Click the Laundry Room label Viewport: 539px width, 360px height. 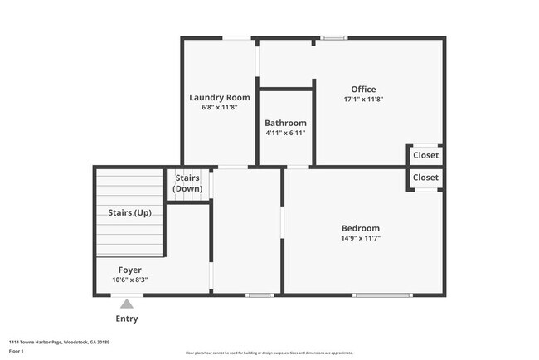(x=219, y=97)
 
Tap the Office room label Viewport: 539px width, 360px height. (x=363, y=90)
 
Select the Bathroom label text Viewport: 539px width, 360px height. (x=285, y=123)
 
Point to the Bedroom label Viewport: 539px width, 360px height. (x=361, y=228)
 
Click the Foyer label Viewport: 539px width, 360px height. (x=129, y=270)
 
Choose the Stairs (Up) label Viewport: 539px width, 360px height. (x=129, y=212)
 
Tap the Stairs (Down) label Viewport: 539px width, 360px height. (x=187, y=183)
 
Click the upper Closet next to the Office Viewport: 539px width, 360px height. (x=425, y=155)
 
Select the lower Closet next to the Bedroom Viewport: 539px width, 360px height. (x=425, y=178)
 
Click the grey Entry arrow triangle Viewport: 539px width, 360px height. (x=126, y=304)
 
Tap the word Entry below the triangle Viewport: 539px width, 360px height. (x=127, y=319)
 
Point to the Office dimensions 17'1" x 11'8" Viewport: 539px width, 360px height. (x=363, y=100)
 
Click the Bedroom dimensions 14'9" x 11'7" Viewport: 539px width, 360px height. (x=361, y=238)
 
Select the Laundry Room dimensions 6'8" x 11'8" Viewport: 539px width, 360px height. (x=219, y=107)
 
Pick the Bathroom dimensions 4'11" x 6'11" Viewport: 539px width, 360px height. (x=285, y=133)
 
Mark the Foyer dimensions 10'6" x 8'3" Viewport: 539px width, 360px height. (x=129, y=280)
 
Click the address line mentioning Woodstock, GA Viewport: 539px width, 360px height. (x=60, y=342)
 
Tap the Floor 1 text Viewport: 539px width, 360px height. (x=17, y=351)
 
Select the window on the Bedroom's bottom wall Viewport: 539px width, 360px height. (x=381, y=294)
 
